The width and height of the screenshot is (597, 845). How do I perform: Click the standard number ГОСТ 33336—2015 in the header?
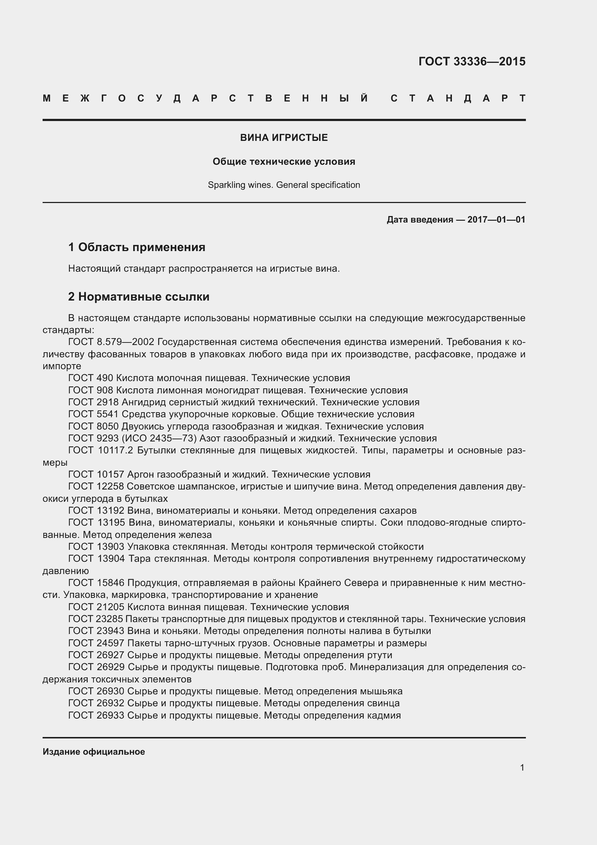[472, 61]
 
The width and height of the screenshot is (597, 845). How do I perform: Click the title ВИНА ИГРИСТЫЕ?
[284, 138]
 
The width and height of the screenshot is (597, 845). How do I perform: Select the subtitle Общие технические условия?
[284, 161]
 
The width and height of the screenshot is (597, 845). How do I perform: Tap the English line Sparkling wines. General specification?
[284, 185]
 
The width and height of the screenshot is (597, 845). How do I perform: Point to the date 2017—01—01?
[496, 220]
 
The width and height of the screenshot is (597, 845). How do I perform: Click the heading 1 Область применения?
[137, 247]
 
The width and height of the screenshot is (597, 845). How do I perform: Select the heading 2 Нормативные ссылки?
[139, 297]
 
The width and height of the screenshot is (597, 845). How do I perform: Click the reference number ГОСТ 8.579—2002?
[112, 342]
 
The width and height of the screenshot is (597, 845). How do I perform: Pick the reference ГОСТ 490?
[91, 378]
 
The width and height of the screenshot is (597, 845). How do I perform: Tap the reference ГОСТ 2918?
[93, 402]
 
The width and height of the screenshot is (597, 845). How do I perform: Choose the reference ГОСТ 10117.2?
[100, 450]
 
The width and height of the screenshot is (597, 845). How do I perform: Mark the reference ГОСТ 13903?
[96, 547]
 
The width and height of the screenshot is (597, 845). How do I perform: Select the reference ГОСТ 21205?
[96, 607]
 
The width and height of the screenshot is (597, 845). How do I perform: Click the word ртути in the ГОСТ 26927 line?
[379, 655]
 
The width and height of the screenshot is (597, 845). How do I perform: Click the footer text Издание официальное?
[94, 752]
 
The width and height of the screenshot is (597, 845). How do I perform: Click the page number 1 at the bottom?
[522, 768]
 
